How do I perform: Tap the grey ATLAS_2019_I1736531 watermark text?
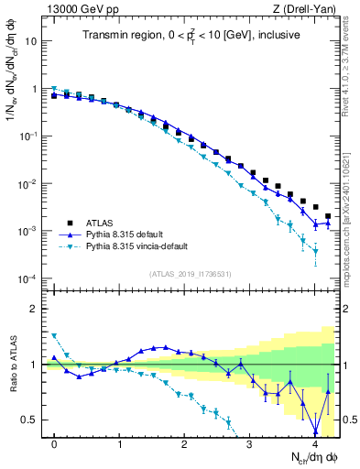(x=190, y=275)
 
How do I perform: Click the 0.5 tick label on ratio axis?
(x=30, y=420)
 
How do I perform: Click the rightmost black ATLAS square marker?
(x=328, y=216)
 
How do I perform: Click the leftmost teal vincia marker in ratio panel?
(x=54, y=336)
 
